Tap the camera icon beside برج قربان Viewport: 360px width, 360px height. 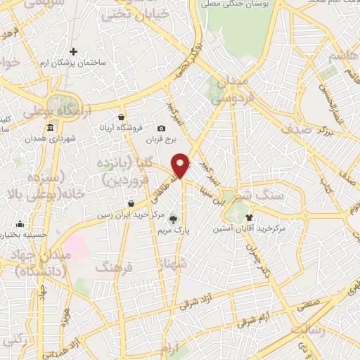pos(162,128)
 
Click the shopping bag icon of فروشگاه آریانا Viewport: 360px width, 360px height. pos(122,117)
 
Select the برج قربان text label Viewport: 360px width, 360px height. pos(159,140)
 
